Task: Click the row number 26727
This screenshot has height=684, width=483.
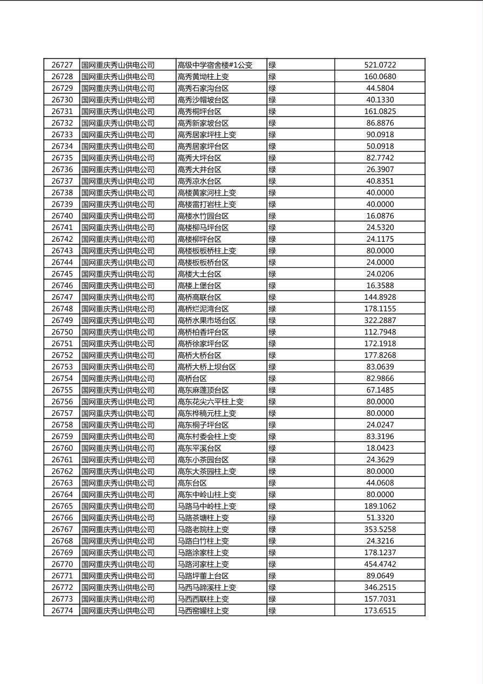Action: tap(62, 65)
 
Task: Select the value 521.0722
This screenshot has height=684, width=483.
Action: tap(380, 65)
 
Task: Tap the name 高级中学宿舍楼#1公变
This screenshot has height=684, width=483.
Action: tap(215, 65)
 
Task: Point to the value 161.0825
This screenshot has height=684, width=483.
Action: tap(380, 112)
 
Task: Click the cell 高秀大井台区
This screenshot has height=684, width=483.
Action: tap(199, 170)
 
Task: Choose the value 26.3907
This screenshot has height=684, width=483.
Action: tap(380, 170)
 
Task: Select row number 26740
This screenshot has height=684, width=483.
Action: tap(62, 216)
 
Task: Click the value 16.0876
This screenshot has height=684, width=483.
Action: tap(380, 216)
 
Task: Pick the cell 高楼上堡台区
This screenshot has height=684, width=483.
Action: tap(199, 286)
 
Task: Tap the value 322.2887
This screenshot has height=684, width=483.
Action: tap(380, 320)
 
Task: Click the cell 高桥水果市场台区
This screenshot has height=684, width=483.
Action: tap(207, 320)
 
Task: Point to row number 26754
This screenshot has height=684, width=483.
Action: tap(62, 378)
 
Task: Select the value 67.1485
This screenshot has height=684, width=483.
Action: tap(380, 390)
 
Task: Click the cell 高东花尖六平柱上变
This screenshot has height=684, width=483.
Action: tap(211, 402)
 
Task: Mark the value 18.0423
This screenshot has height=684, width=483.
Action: tap(380, 448)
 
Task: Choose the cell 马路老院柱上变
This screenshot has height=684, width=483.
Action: tap(203, 530)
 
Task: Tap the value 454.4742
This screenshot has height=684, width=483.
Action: tap(380, 564)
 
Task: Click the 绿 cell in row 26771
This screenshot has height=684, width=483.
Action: tap(272, 576)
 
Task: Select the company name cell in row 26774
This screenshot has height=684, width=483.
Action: tap(118, 611)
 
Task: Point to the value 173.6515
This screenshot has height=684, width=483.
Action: tap(380, 611)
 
